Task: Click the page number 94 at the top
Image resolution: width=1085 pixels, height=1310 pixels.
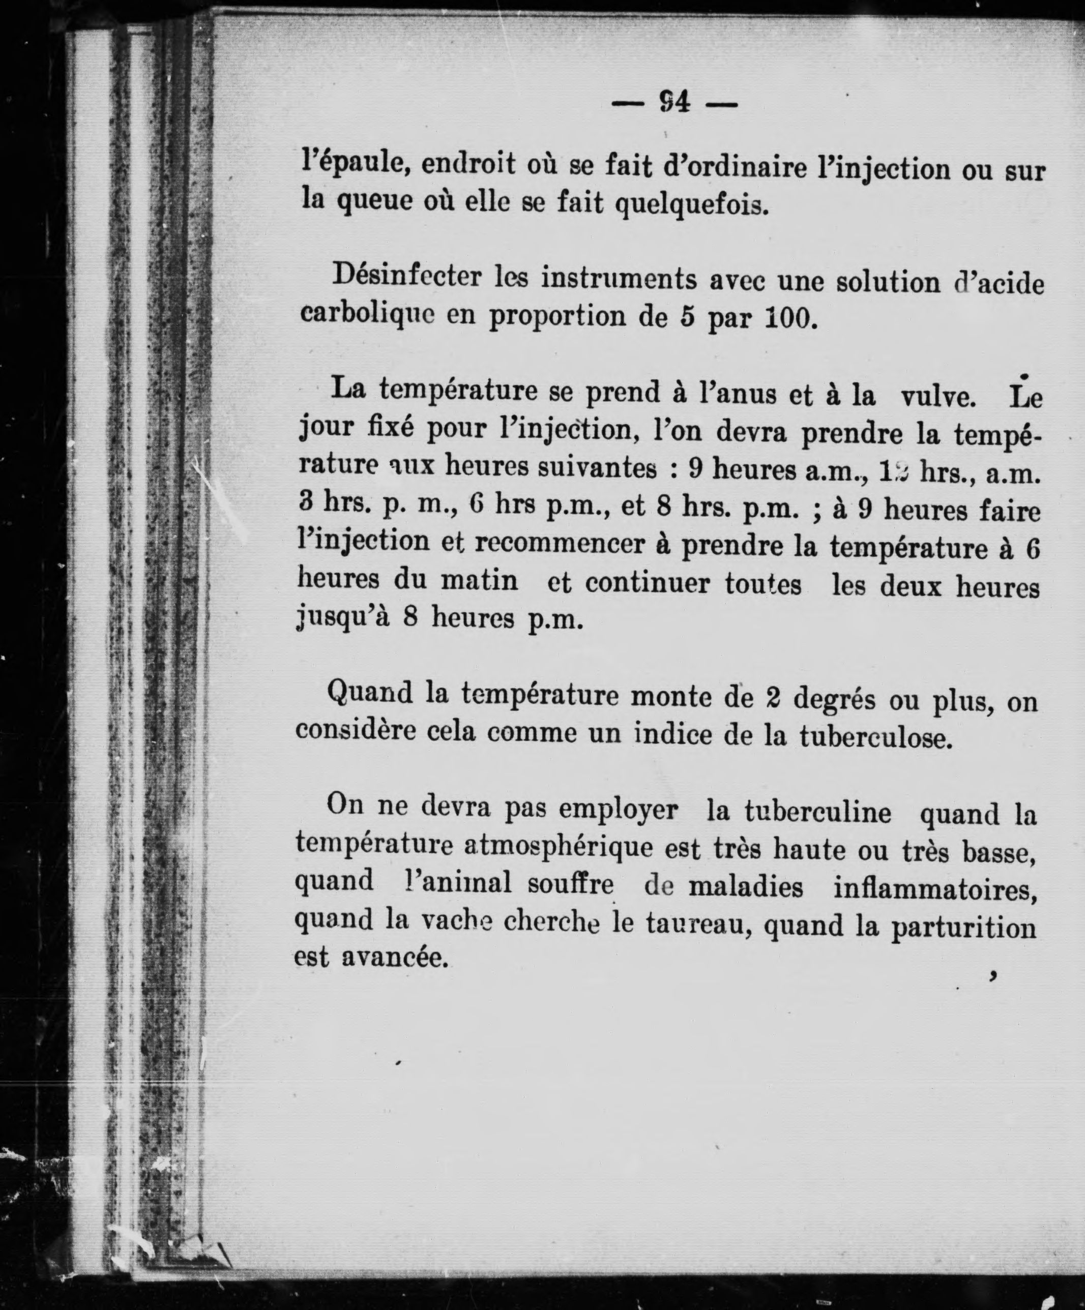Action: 675,102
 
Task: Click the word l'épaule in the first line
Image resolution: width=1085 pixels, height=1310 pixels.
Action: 355,163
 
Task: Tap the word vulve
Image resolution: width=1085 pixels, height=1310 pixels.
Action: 938,396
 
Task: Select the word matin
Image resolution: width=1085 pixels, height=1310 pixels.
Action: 479,581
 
